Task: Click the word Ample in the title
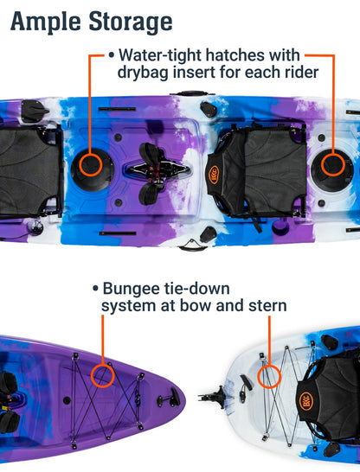(46, 22)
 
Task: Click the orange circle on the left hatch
(91, 164)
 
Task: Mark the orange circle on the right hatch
(333, 164)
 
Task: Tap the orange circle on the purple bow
(103, 375)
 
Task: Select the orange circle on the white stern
(269, 377)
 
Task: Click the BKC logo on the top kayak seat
(214, 175)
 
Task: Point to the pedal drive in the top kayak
(154, 171)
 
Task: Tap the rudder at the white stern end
(213, 397)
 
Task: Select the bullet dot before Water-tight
(112, 55)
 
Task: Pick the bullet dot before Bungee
(95, 289)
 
